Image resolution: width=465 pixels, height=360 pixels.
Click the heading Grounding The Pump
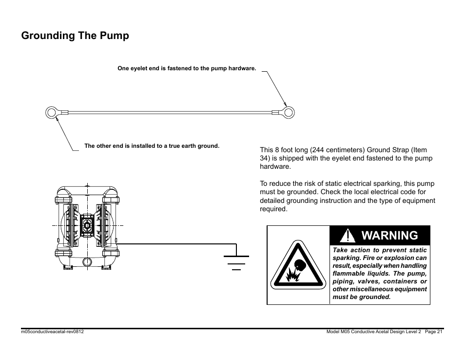(x=75, y=36)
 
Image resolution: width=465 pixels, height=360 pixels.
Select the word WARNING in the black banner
(x=389, y=235)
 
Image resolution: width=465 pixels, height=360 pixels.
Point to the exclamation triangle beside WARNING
(x=347, y=236)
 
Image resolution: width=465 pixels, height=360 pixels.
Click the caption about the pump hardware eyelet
(x=187, y=68)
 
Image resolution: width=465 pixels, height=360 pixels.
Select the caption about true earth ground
(x=152, y=146)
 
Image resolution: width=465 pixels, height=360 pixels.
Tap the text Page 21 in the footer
(x=434, y=332)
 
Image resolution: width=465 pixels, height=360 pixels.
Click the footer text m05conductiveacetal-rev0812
(x=53, y=332)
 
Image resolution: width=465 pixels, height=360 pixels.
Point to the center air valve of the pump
(x=87, y=225)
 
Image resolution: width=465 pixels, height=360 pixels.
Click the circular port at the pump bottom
(x=87, y=262)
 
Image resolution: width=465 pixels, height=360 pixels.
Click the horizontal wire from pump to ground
(x=177, y=244)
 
